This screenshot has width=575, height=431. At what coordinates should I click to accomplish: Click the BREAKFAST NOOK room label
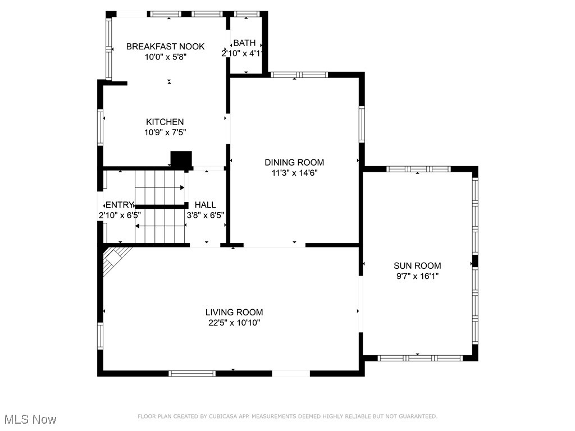point(166,47)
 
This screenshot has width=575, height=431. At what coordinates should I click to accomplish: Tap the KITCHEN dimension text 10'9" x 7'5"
point(165,132)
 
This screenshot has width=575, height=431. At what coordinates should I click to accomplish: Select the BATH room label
point(245,43)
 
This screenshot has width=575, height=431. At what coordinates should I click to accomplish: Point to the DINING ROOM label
point(294,162)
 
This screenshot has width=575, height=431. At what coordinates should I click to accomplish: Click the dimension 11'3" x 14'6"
point(294,173)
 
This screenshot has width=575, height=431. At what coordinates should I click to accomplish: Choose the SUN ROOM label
point(417,265)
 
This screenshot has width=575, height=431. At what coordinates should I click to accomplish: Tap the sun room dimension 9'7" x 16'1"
point(417,276)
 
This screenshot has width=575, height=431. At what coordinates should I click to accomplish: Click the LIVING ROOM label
point(234,312)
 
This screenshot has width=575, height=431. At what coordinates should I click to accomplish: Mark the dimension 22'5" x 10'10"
point(234,323)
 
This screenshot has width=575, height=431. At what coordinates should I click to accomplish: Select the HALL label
point(206,205)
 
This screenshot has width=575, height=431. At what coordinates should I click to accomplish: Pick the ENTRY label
point(120,205)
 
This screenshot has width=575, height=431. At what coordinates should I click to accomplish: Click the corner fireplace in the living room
point(115,259)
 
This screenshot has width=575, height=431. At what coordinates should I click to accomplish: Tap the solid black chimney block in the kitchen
point(181,159)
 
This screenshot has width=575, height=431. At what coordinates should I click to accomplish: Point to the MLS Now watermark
point(30,419)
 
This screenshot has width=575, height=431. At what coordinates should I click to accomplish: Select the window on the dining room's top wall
point(299,75)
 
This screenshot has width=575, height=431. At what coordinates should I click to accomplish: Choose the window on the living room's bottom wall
point(192,373)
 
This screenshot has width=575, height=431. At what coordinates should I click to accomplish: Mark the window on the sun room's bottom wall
point(420,358)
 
